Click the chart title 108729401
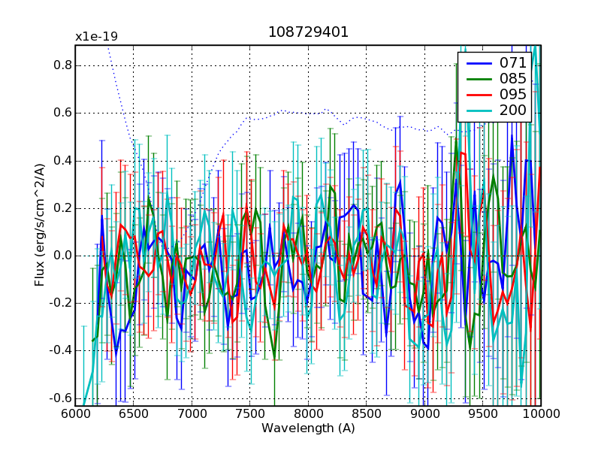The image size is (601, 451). click(308, 34)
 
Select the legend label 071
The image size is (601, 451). click(513, 63)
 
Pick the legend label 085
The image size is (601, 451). click(513, 79)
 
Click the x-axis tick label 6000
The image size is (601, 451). click(75, 414)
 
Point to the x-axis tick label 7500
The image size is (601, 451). click(250, 414)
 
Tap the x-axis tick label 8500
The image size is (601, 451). click(367, 414)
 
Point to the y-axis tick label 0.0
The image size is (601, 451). click(61, 256)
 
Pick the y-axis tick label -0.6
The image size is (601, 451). click(59, 398)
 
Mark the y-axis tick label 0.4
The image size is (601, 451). click(61, 160)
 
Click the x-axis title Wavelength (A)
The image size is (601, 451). click(308, 428)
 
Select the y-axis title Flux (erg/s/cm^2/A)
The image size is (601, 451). click(39, 225)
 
